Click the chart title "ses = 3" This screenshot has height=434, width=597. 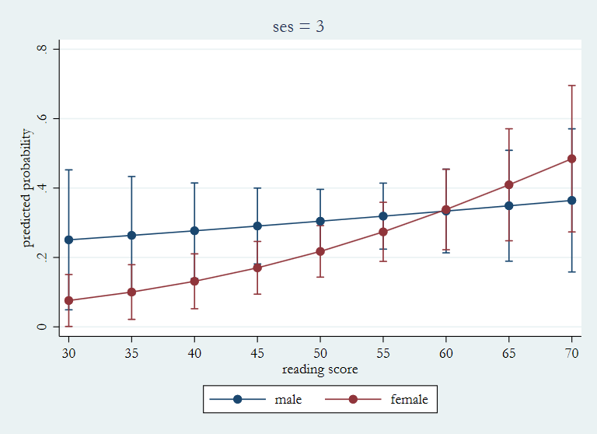[x=298, y=26]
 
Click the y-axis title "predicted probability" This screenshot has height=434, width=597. [x=28, y=187]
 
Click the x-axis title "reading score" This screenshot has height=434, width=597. [x=319, y=369]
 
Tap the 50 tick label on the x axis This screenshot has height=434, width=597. [x=320, y=352]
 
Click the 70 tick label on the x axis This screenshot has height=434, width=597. [x=572, y=352]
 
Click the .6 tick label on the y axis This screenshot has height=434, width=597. [x=43, y=118]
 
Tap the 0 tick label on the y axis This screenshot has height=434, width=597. [x=43, y=327]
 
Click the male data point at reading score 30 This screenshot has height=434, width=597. [x=68, y=240]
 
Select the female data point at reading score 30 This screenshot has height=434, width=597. [x=68, y=300]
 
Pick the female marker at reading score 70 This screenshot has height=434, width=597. [x=572, y=159]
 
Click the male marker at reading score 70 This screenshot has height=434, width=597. [x=572, y=200]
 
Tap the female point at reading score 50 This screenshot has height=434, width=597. [x=320, y=251]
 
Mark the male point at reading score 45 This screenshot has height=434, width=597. [x=257, y=226]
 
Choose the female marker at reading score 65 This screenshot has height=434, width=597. [x=509, y=184]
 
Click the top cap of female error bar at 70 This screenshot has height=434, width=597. [x=572, y=86]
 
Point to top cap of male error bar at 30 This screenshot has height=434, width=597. [x=68, y=170]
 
